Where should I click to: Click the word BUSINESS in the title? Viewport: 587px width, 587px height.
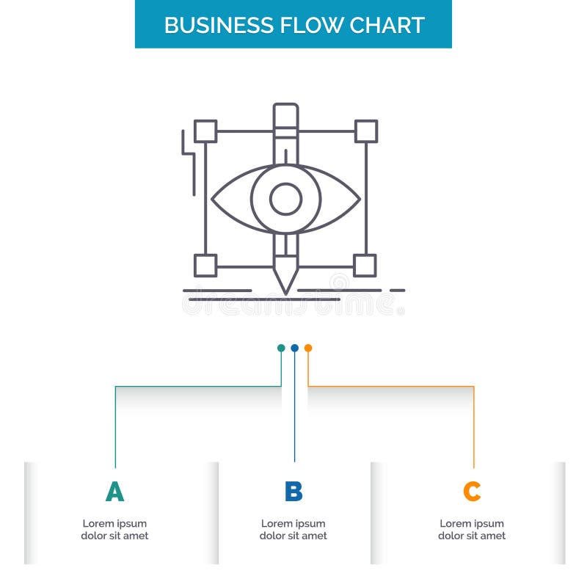coord(209,25)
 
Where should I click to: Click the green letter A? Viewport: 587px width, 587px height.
coord(114,492)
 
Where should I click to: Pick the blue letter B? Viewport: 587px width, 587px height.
coord(293,492)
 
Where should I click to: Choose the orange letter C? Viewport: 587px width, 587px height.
coord(472,492)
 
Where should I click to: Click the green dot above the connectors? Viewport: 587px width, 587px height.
coord(281,348)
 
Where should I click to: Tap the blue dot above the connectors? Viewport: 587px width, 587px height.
coord(294,348)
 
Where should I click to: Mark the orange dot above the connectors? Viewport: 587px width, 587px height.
coord(308,348)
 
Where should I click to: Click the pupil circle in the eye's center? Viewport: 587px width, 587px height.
coord(285,198)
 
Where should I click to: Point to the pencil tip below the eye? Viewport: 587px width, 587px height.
coord(285,286)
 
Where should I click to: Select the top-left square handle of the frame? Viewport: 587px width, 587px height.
coord(205,131)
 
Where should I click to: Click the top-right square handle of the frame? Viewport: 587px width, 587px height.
coord(365,131)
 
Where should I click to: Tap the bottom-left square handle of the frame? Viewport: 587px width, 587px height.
coord(205,265)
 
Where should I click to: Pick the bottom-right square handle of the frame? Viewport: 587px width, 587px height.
coord(365,265)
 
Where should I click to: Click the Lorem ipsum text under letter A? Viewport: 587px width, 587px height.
coord(114,530)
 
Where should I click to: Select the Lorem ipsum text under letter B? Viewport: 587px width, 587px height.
coord(293,530)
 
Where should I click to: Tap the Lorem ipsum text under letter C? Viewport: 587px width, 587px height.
coord(472,530)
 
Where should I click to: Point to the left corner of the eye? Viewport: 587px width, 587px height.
coord(214,198)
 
